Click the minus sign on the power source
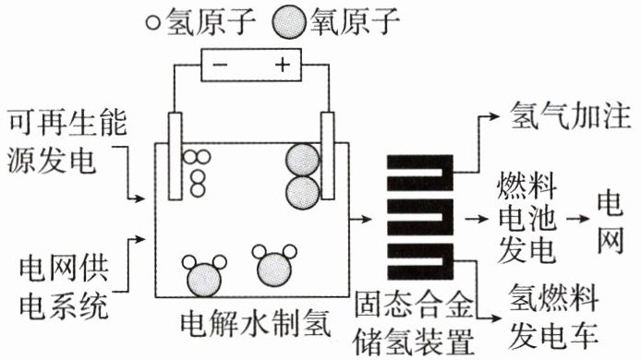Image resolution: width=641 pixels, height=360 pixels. [x=221, y=65]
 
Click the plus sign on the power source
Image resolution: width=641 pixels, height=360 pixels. [x=283, y=65]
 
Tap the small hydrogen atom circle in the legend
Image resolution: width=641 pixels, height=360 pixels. [x=153, y=22]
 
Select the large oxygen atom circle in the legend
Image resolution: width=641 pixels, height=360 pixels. [x=289, y=22]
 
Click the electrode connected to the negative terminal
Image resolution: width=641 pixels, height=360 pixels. [x=175, y=156]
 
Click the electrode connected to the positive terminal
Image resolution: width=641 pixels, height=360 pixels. [x=328, y=156]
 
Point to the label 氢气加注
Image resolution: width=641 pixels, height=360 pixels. [x=571, y=116]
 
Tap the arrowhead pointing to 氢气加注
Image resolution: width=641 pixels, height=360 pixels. [x=494, y=116]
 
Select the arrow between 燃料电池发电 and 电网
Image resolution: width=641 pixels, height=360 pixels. [x=578, y=219]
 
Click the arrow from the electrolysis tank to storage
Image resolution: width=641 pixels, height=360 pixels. [x=360, y=219]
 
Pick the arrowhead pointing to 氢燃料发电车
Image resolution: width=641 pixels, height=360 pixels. [x=495, y=318]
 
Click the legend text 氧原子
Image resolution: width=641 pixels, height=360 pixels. [x=355, y=21]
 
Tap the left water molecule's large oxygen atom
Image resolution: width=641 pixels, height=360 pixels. [x=204, y=280]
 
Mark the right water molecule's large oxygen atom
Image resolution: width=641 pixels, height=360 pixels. [x=274, y=270]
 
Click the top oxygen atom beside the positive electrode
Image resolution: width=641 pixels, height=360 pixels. [x=303, y=161]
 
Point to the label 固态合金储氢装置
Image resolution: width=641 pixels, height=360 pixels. [x=414, y=324]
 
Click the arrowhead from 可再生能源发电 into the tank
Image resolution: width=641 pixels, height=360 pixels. [x=139, y=199]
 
